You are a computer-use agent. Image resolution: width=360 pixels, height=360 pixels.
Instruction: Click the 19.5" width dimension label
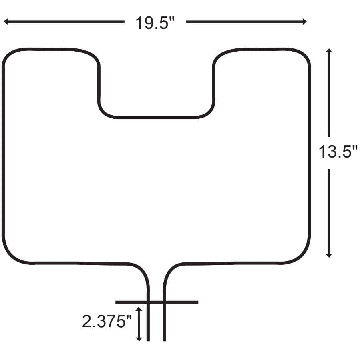(155, 22)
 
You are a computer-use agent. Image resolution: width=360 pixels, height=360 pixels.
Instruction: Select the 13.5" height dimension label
(337, 152)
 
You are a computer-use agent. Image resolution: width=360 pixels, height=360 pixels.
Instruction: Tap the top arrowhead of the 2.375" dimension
(139, 309)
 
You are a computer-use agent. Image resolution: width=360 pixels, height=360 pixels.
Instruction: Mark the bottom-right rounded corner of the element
(303, 255)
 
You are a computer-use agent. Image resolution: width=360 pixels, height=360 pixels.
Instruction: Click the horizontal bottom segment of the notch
(156, 117)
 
